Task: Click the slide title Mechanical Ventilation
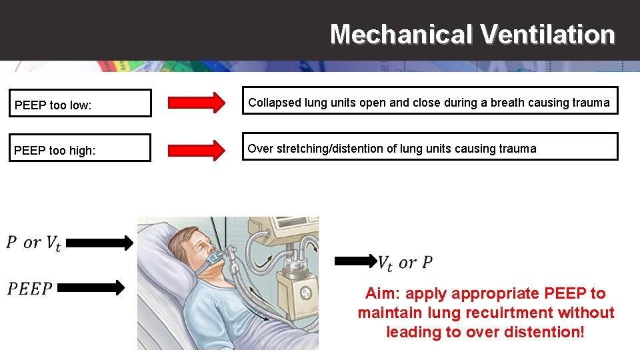472,34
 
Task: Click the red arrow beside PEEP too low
197,103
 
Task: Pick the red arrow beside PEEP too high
197,149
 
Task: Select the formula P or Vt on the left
33,243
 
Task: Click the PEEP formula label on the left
30,288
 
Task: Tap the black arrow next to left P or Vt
100,244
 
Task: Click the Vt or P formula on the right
405,263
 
